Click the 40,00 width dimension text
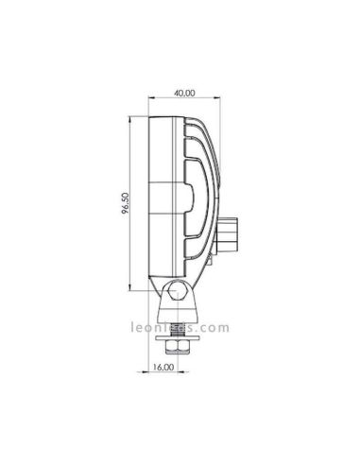(184, 93)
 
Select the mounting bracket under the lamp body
(176, 302)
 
